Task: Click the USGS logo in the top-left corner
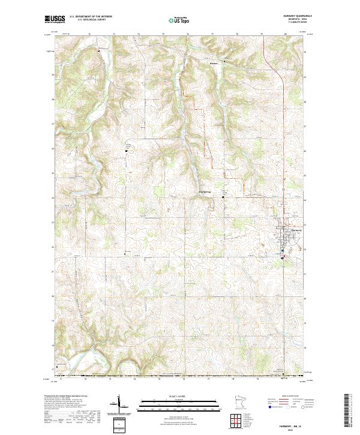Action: (x=53, y=19)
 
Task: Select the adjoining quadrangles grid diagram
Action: (x=237, y=421)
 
